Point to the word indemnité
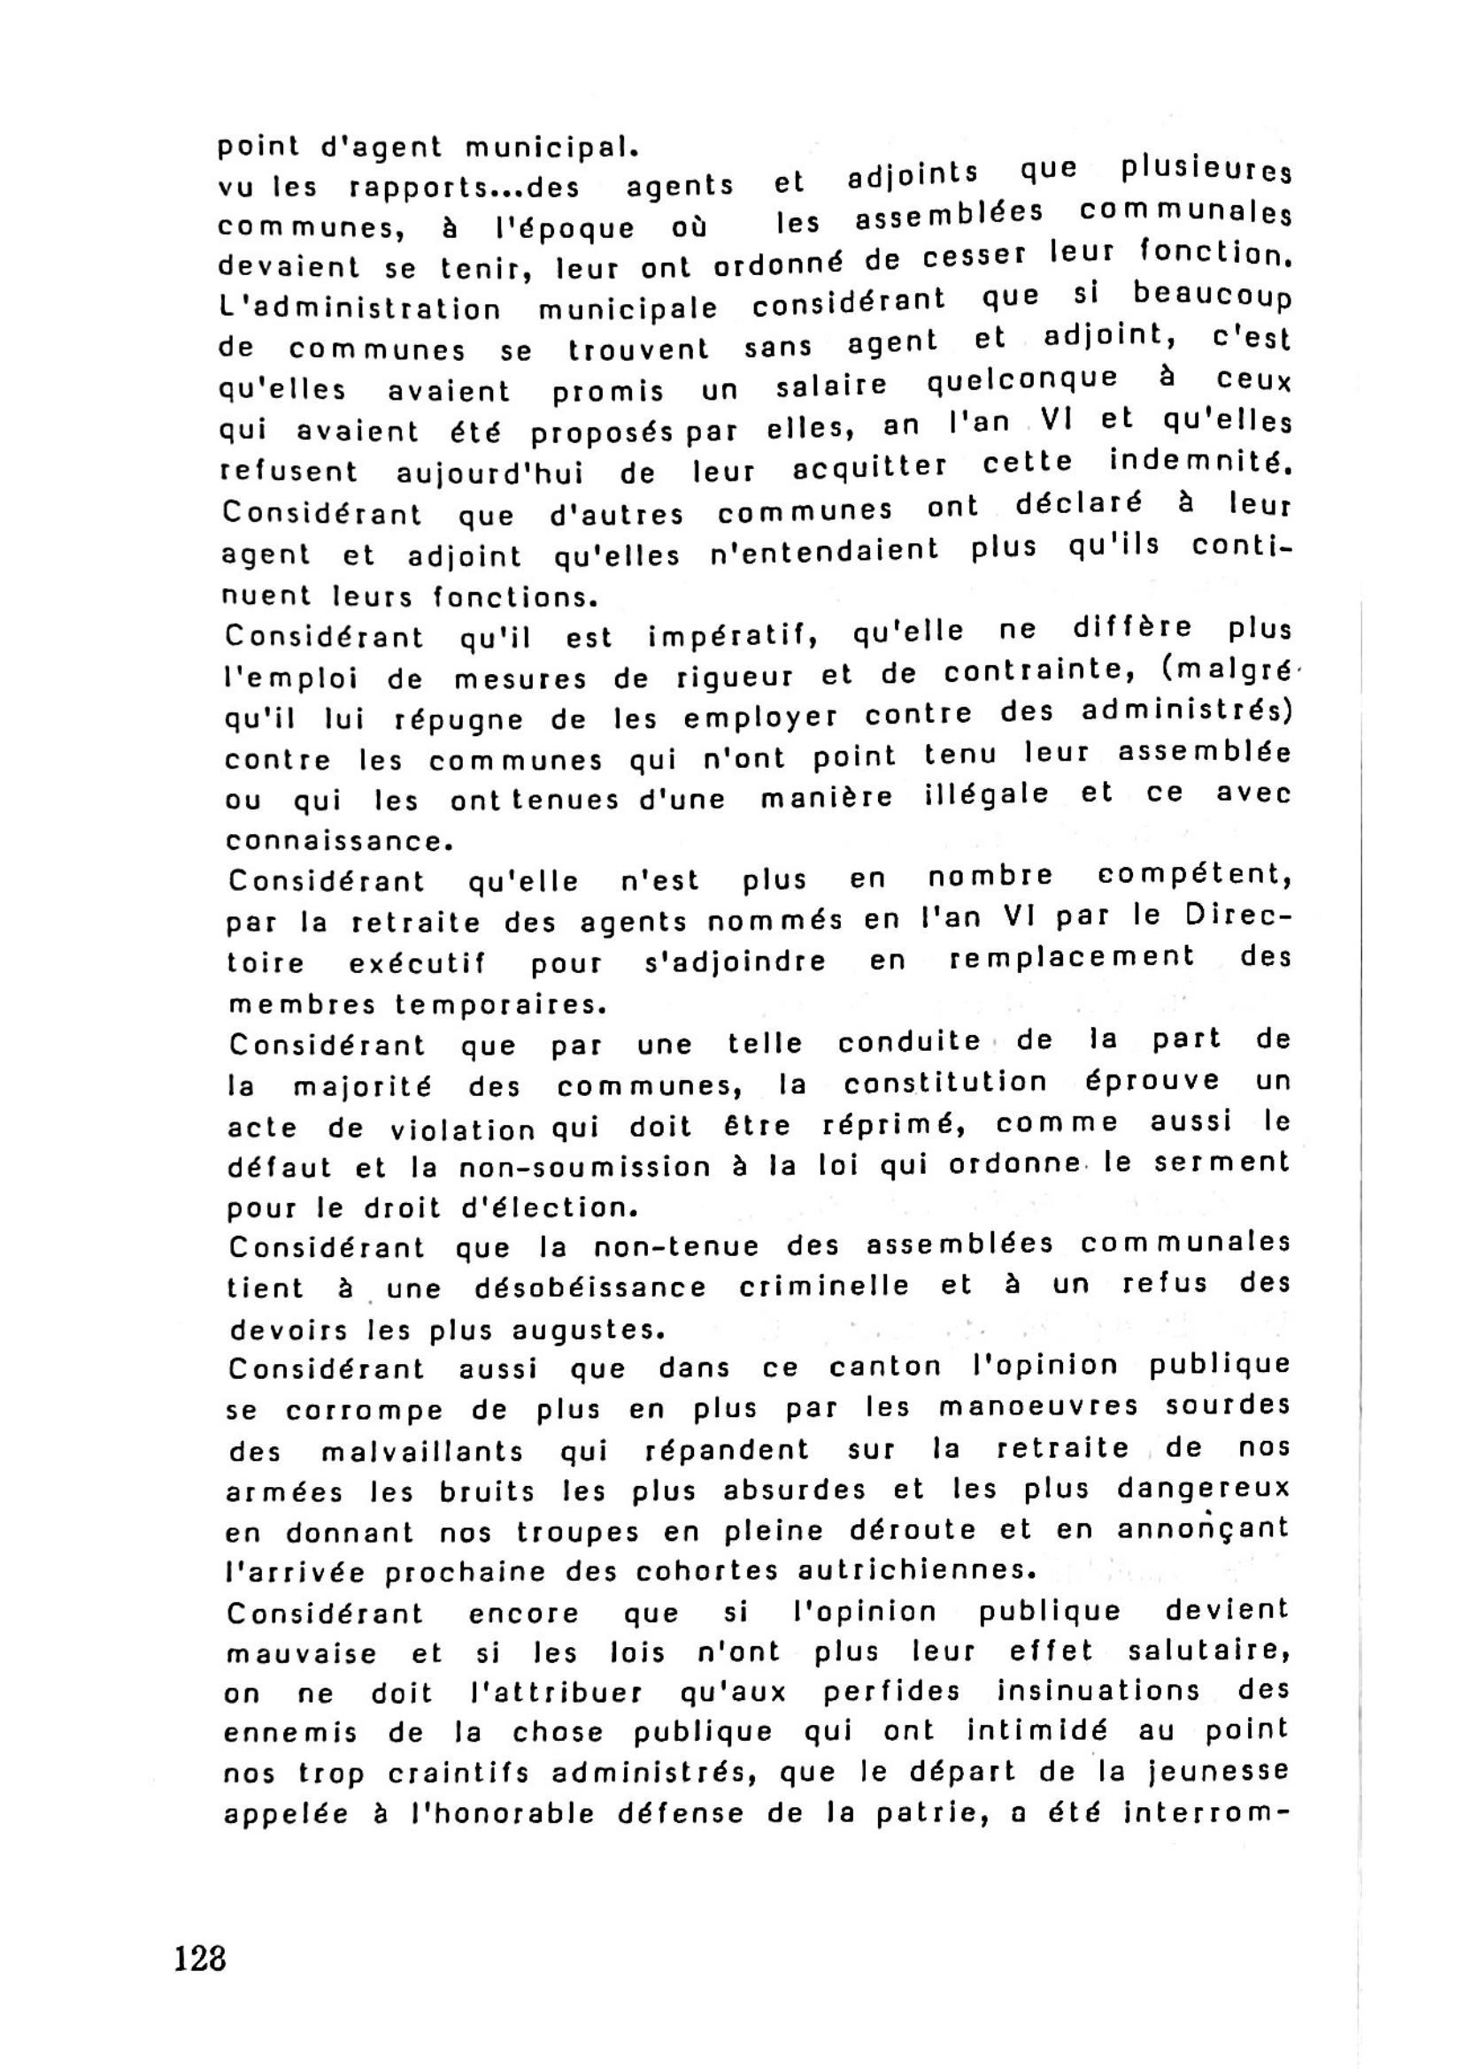coord(1200,462)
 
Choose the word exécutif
coord(417,963)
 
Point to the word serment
coord(1223,1162)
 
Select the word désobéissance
coord(590,1288)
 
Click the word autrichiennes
coord(913,1571)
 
